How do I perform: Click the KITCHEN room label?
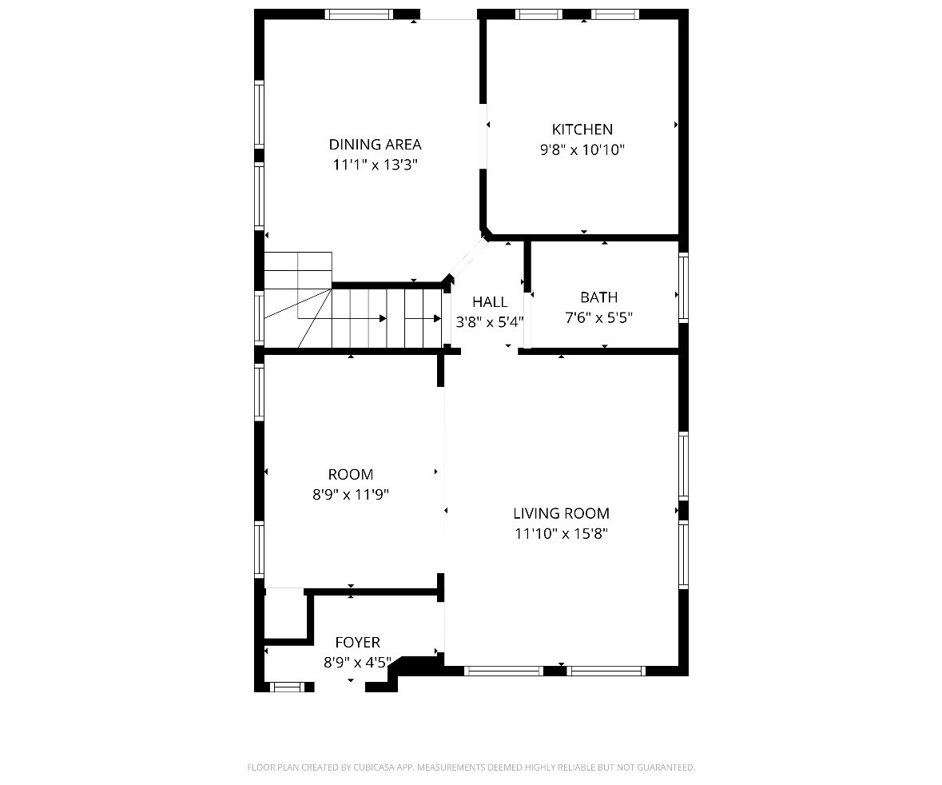click(582, 129)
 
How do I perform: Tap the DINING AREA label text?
click(375, 145)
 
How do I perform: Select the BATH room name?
click(598, 297)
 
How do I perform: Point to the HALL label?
click(489, 302)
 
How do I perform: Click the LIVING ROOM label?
click(561, 513)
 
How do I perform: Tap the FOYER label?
click(357, 642)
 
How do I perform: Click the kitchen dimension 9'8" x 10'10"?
click(582, 149)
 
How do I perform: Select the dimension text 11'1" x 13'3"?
click(375, 165)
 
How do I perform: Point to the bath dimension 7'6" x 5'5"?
click(598, 317)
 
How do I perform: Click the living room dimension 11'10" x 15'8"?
click(561, 533)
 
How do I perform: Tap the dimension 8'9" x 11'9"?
click(350, 494)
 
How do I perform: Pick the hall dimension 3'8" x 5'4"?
click(489, 322)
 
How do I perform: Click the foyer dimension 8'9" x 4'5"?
click(357, 662)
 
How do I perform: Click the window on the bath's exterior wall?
click(683, 287)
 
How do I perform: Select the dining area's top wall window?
click(359, 14)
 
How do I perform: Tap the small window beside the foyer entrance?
click(288, 686)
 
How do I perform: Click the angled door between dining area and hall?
click(466, 257)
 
